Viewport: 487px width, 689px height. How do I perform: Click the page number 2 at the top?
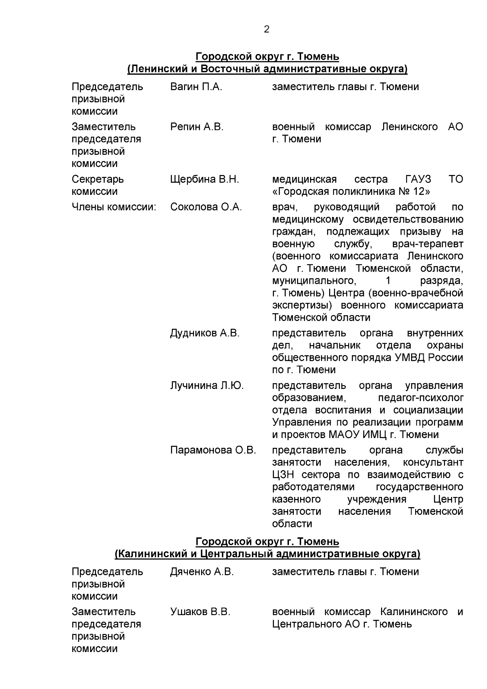pyautogui.click(x=267, y=29)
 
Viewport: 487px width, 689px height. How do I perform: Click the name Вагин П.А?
pyautogui.click(x=196, y=87)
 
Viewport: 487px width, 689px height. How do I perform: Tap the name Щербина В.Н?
pyautogui.click(x=205, y=179)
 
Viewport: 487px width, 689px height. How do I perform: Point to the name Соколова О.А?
pyautogui.click(x=206, y=207)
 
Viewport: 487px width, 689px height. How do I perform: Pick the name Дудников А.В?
pyautogui.click(x=205, y=334)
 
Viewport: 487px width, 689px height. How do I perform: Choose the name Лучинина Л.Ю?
pyautogui.click(x=207, y=386)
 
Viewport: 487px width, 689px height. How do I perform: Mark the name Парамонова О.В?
pyautogui.click(x=213, y=451)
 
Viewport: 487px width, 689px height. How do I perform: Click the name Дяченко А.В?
pyautogui.click(x=202, y=572)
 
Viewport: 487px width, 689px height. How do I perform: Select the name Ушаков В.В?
pyautogui.click(x=200, y=612)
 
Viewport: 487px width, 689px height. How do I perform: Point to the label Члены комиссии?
pyautogui.click(x=114, y=207)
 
